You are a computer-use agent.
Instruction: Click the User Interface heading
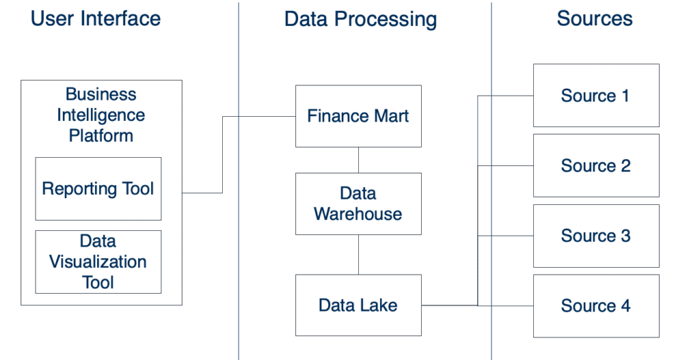point(96,18)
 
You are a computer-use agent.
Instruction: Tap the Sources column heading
point(595,18)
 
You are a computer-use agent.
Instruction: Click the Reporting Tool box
point(98,189)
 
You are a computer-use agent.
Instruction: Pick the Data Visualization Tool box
point(98,262)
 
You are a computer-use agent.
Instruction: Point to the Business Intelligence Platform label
point(101,115)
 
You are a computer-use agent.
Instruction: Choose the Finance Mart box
point(358,116)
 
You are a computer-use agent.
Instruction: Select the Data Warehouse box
point(358,204)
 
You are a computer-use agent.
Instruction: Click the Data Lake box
point(358,305)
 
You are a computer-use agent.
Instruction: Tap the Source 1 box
point(596,96)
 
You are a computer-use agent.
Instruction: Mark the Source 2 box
point(596,165)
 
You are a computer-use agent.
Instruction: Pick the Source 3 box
point(596,236)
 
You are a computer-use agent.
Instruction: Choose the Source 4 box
point(596,306)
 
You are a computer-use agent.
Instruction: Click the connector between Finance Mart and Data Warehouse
point(358,160)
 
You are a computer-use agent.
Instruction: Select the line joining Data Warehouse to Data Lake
point(358,255)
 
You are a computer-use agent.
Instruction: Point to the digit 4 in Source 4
point(625,306)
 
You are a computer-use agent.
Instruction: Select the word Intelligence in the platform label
point(101,115)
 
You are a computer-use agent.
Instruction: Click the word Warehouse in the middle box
point(358,214)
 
